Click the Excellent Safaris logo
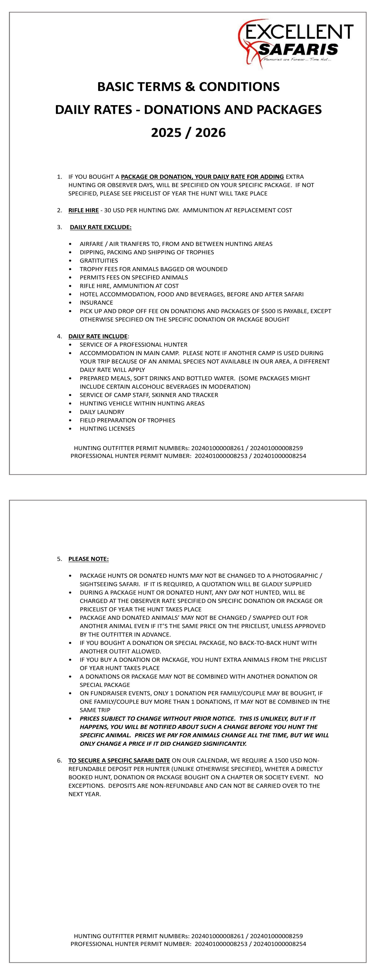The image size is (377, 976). (296, 44)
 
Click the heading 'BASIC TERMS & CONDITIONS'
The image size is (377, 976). (188, 87)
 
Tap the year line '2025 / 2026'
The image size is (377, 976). (188, 133)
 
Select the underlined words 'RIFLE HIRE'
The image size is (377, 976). (83, 210)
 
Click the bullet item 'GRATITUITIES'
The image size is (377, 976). (99, 261)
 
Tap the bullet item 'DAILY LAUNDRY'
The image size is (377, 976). (102, 412)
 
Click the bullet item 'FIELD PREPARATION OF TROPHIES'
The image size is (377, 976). (127, 420)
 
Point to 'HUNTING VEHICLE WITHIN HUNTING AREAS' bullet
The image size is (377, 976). (142, 403)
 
